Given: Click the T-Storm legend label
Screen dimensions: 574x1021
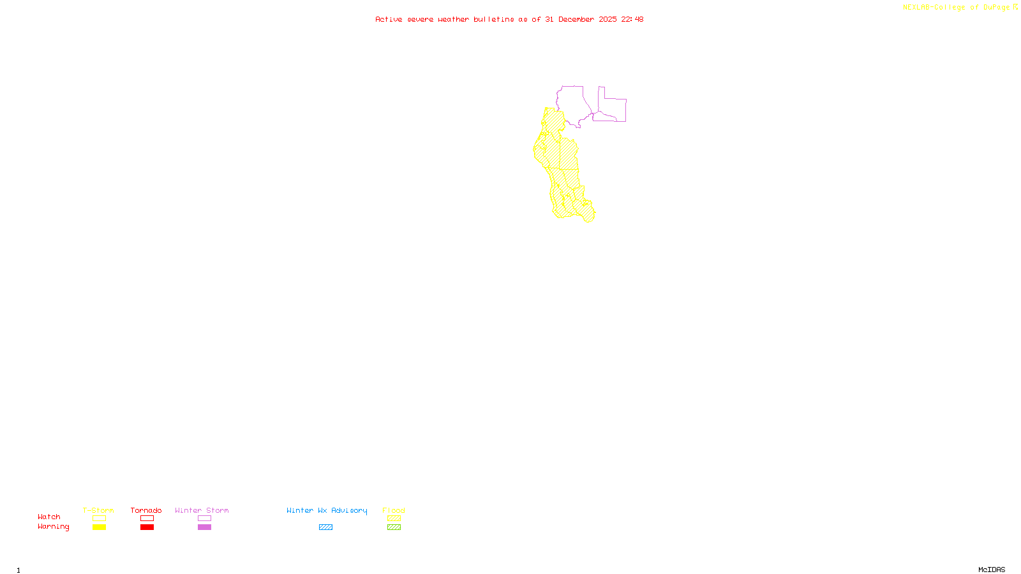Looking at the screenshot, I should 98,510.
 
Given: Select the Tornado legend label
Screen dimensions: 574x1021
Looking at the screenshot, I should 146,510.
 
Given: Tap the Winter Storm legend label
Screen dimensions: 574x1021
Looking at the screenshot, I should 202,510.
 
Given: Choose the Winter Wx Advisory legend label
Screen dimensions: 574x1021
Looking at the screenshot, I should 327,510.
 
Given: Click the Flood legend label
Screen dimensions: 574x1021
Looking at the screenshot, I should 394,510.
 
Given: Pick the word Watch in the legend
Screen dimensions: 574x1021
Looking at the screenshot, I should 49,517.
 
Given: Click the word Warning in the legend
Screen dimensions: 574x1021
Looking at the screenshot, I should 53,527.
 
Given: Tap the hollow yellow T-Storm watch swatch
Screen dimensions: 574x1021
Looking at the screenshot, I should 99,519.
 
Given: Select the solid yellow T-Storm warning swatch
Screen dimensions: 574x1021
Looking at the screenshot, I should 99,527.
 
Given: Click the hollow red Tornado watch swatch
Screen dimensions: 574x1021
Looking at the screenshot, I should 147,519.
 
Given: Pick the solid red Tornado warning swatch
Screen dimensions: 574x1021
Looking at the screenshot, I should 147,527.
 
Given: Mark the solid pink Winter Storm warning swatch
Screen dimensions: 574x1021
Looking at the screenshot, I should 204,527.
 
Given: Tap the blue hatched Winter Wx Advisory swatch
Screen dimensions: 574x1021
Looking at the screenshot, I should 325,527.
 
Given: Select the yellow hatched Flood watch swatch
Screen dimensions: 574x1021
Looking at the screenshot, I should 394,519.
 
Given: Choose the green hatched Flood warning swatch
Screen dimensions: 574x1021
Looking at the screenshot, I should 394,527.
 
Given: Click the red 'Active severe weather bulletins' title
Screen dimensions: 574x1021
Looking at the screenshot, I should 509,19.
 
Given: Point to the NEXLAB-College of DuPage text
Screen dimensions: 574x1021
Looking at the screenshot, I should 956,8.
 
